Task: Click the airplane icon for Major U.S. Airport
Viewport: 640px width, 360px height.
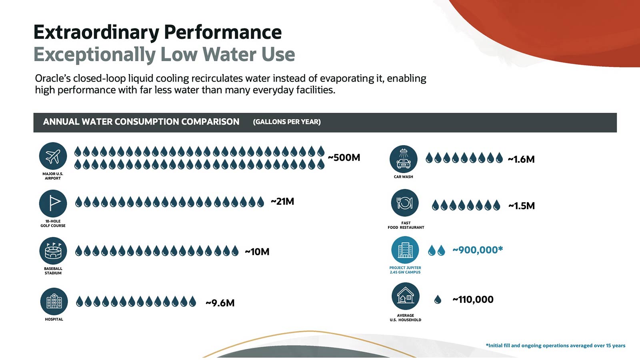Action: pyautogui.click(x=53, y=156)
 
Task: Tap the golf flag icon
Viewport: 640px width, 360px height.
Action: pyautogui.click(x=53, y=204)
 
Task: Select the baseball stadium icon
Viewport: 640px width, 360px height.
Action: pyautogui.click(x=53, y=251)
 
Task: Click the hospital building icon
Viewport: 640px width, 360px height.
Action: pyautogui.click(x=54, y=302)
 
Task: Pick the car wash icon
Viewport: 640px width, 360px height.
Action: pyautogui.click(x=404, y=159)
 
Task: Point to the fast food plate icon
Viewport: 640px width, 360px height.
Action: pyautogui.click(x=404, y=203)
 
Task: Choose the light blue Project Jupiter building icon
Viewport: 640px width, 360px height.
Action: pyautogui.click(x=405, y=250)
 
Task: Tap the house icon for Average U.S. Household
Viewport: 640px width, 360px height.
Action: pyautogui.click(x=406, y=296)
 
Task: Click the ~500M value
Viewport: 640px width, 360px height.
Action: pyautogui.click(x=344, y=158)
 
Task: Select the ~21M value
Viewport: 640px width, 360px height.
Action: pyautogui.click(x=282, y=202)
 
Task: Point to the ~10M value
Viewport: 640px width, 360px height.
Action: pyautogui.click(x=257, y=252)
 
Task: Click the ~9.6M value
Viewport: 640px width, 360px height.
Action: pyautogui.click(x=220, y=303)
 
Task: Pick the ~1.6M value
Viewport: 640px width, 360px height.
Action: pyautogui.click(x=521, y=160)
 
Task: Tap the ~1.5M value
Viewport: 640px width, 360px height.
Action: pyautogui.click(x=522, y=206)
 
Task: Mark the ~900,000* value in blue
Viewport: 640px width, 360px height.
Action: pyautogui.click(x=478, y=250)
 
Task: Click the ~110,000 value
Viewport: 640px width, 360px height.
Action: pyautogui.click(x=473, y=300)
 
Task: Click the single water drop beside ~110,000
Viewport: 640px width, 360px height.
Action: pyautogui.click(x=438, y=300)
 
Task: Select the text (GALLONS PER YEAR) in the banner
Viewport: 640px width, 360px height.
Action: pyautogui.click(x=287, y=122)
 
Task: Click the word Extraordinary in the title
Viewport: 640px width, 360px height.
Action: pyautogui.click(x=96, y=33)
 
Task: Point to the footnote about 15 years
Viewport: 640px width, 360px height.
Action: pyautogui.click(x=556, y=346)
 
